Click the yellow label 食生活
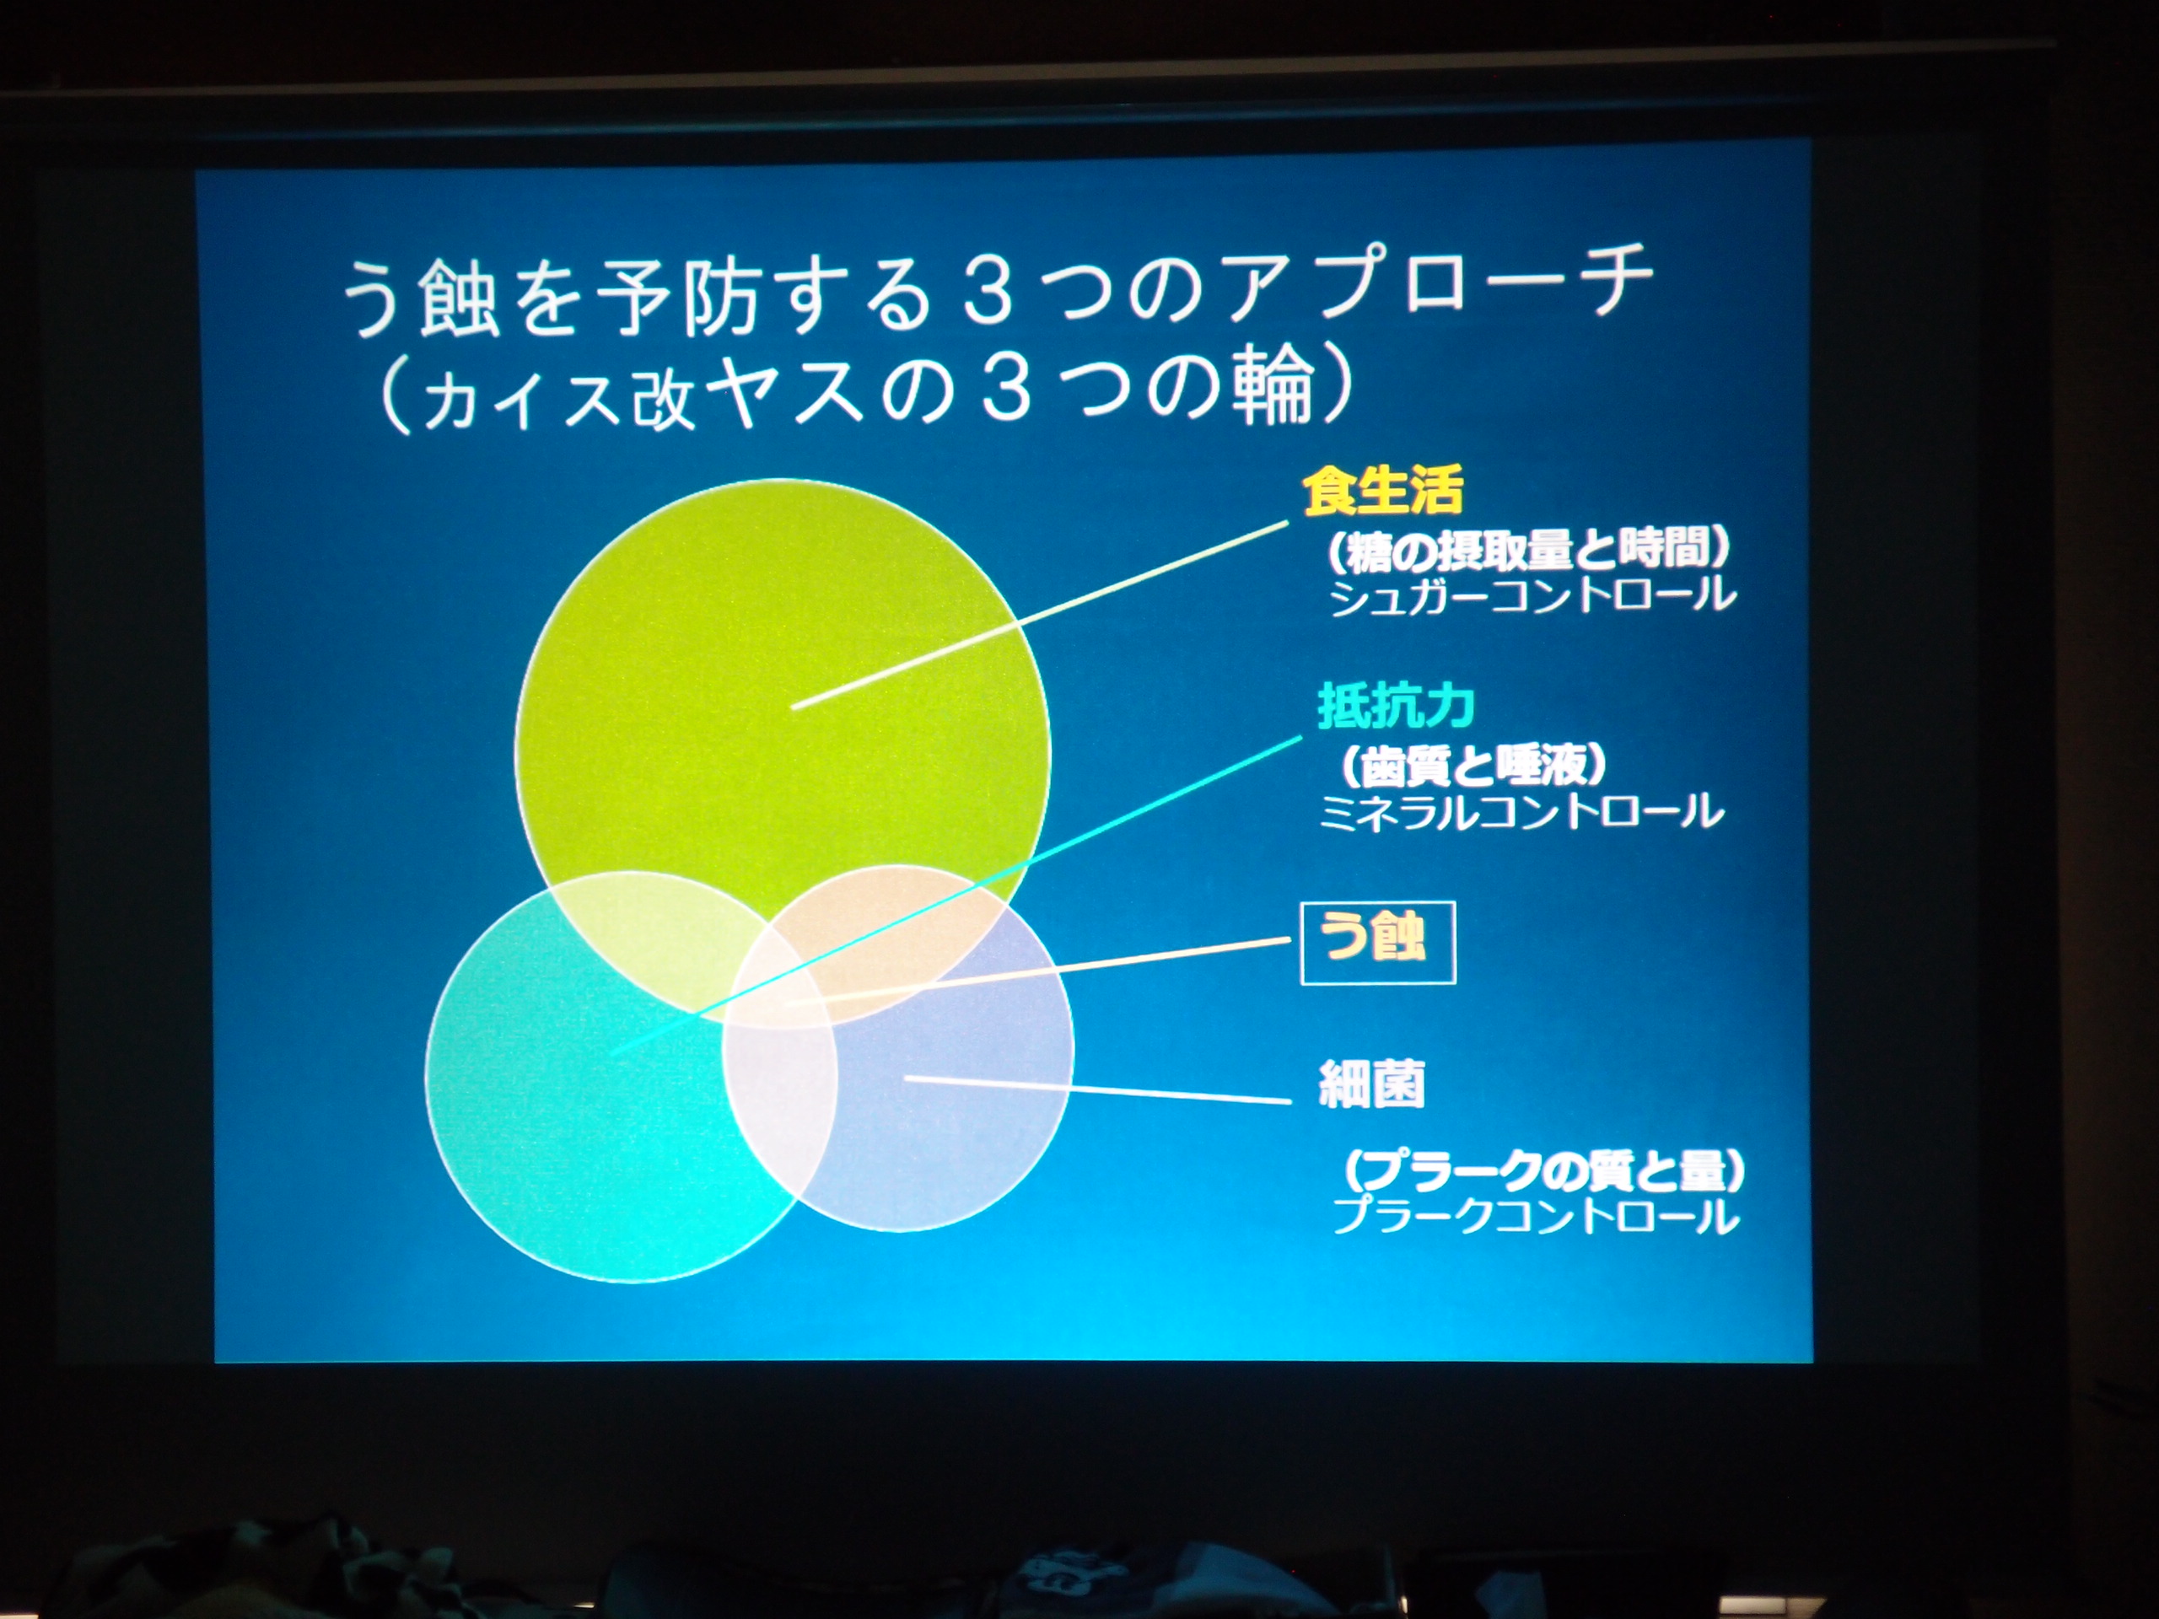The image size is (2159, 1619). (x=1383, y=490)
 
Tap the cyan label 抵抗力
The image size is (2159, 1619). (x=1396, y=706)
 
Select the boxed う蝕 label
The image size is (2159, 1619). (x=1378, y=942)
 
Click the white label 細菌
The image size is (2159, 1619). (x=1371, y=1084)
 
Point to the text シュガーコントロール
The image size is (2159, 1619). (x=1532, y=595)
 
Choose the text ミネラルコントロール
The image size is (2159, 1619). (x=1521, y=812)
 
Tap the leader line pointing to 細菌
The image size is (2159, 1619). (x=1098, y=1090)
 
